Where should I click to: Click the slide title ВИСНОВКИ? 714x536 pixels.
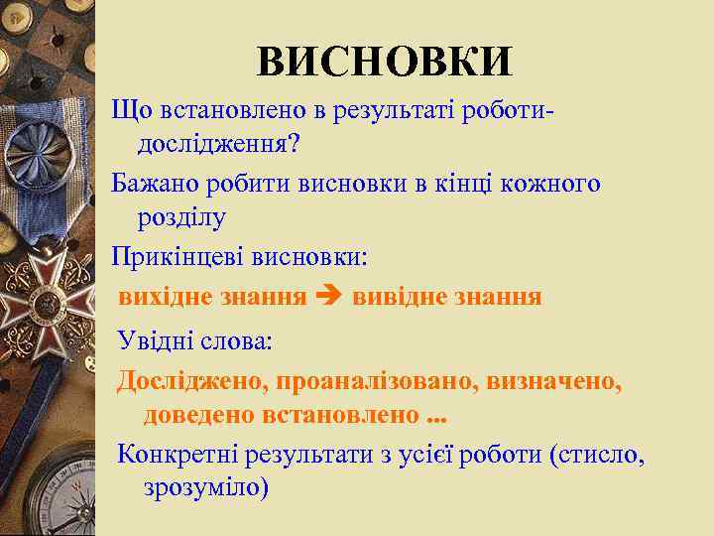[385, 61]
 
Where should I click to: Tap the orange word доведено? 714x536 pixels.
[198, 414]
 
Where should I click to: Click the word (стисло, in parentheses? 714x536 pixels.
[599, 455]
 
